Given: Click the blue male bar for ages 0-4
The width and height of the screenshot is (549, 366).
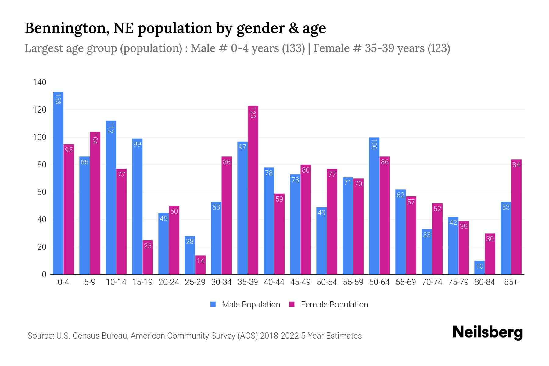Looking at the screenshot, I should [58, 183].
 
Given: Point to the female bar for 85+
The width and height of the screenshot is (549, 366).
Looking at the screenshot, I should [516, 217].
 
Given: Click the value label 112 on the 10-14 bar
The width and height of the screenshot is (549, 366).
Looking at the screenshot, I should [111, 128].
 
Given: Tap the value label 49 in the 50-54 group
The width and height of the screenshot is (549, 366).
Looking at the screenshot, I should [321, 213].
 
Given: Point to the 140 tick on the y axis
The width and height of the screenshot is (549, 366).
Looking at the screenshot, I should [40, 82].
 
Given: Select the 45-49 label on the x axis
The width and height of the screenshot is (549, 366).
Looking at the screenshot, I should [300, 282].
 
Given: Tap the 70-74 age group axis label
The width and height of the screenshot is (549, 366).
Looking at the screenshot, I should [432, 282].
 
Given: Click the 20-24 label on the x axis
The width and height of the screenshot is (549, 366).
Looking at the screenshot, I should [169, 282].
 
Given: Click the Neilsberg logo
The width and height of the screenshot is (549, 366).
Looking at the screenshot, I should [487, 332].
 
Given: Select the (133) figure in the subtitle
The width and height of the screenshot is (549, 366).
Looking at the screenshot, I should [293, 48].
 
